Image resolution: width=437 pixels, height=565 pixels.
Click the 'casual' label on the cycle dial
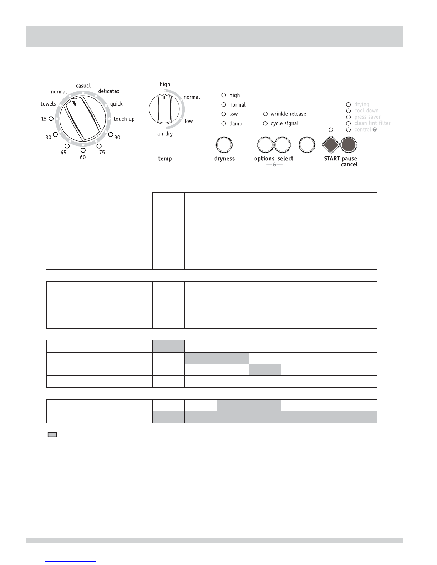(83, 86)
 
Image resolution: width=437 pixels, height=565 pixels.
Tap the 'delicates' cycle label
(108, 91)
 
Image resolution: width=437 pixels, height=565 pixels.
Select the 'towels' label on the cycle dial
(48, 104)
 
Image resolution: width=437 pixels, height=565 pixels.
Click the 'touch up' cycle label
(124, 119)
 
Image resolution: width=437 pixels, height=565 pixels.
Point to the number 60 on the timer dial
(83, 157)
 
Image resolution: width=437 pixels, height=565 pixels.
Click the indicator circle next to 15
(51, 119)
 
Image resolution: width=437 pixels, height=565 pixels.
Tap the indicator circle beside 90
(111, 134)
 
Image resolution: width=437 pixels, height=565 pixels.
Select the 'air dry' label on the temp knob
(165, 134)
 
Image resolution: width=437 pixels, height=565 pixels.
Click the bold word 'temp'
(165, 159)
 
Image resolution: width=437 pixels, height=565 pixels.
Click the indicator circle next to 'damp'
(223, 123)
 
